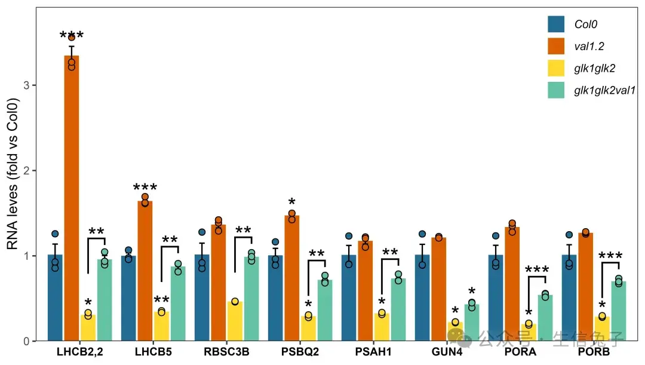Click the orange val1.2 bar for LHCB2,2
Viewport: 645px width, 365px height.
(x=72, y=197)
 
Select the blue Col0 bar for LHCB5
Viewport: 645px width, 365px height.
(x=128, y=299)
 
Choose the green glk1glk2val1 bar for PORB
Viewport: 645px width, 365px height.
(x=618, y=311)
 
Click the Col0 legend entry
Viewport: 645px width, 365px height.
(x=585, y=24)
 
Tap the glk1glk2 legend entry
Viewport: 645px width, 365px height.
(x=594, y=69)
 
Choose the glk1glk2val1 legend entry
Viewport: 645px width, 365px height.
(x=604, y=90)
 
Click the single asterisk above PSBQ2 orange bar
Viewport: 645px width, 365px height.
(x=292, y=202)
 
